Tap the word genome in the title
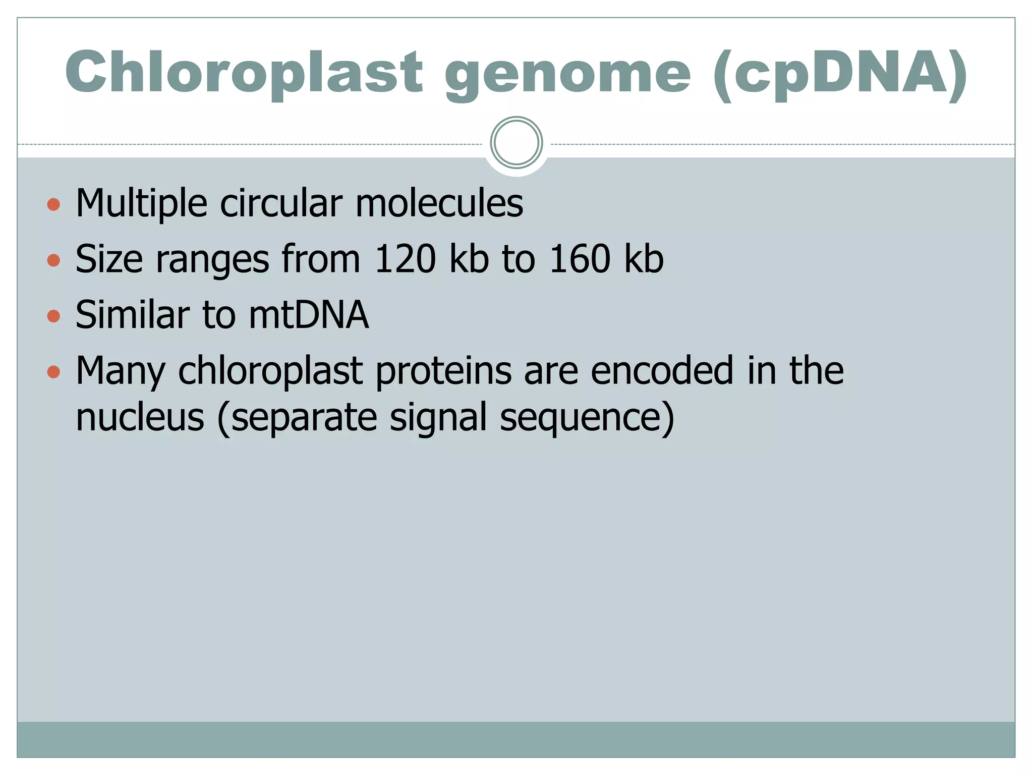point(567,74)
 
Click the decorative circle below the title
point(516,143)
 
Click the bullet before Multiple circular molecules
point(53,204)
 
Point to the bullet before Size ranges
point(53,260)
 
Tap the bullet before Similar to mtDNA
point(53,316)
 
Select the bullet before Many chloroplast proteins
point(53,372)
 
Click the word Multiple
point(141,203)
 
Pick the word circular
point(281,203)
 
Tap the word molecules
point(439,203)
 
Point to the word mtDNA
point(309,315)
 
